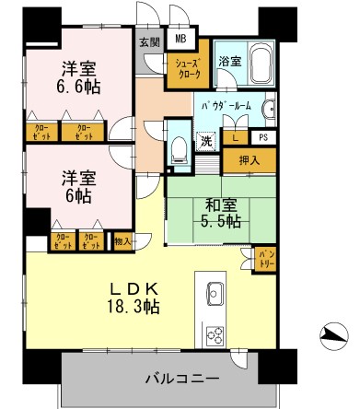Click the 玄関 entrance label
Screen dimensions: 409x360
[147, 41]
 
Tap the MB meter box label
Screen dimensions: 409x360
[180, 41]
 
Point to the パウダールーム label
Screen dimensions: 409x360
[226, 105]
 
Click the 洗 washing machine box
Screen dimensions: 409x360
[206, 142]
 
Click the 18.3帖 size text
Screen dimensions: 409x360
[134, 306]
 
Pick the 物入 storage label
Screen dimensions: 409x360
[121, 242]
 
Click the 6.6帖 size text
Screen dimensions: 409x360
[79, 88]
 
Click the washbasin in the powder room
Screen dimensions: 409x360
[269, 111]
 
